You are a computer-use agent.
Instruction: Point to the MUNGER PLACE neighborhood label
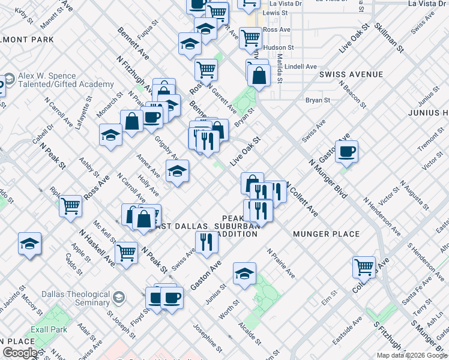(x=326, y=234)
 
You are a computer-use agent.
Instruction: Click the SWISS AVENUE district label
(x=351, y=74)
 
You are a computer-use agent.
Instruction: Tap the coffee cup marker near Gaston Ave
(x=346, y=151)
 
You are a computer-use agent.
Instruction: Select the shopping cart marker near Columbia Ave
(x=364, y=266)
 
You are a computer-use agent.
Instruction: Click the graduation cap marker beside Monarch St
(x=111, y=135)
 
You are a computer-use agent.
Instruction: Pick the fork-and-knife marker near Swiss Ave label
(x=206, y=242)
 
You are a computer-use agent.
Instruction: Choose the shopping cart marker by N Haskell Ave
(x=126, y=253)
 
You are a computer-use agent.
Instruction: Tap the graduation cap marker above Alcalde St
(x=244, y=274)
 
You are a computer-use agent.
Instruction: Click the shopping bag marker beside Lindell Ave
(x=259, y=76)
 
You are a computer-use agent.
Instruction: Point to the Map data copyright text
(x=411, y=355)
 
